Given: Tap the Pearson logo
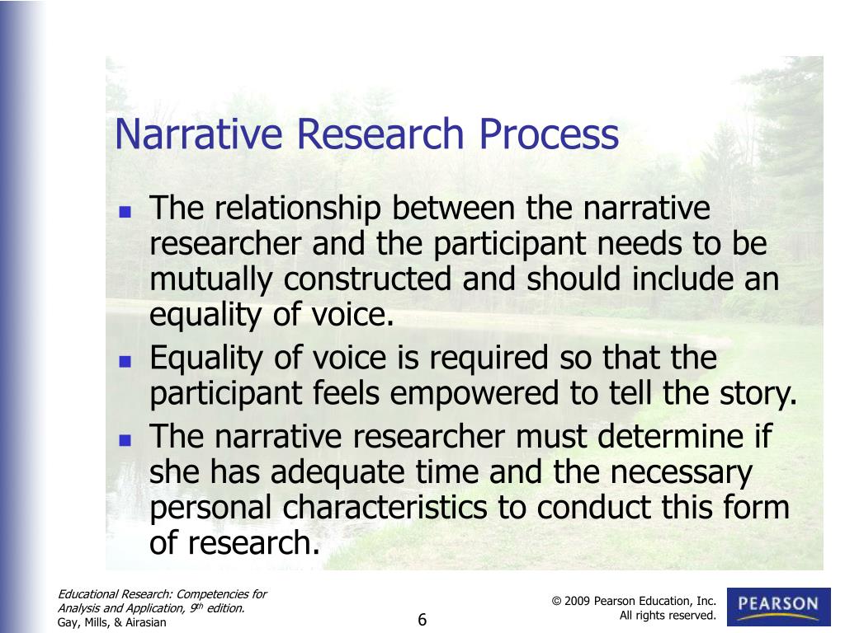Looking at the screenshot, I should pyautogui.click(x=778, y=607).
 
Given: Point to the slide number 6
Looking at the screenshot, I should pyautogui.click(x=422, y=620).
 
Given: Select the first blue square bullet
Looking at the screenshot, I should pyautogui.click(x=125, y=212).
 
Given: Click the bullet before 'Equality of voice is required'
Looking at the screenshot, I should pyautogui.click(x=125, y=361).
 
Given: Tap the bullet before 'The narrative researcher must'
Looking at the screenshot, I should pyautogui.click(x=125, y=439).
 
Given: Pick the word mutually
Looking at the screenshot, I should pyautogui.click(x=212, y=280).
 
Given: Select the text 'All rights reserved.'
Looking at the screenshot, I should pyautogui.click(x=668, y=616).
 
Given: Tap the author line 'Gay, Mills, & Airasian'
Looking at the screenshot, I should pyautogui.click(x=112, y=622).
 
